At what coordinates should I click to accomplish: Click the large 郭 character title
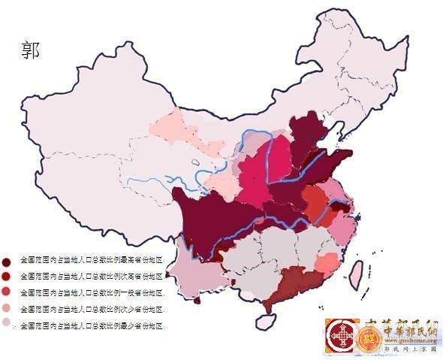(31, 50)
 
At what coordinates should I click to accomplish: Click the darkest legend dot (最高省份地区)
(7, 260)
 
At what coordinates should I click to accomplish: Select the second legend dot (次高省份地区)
(7, 277)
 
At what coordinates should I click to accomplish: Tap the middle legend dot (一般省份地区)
(7, 292)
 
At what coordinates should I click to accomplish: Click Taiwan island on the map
(357, 275)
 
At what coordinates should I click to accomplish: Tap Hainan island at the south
(266, 321)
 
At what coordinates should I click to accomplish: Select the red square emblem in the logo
(342, 335)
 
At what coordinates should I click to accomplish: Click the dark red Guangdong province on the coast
(297, 284)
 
